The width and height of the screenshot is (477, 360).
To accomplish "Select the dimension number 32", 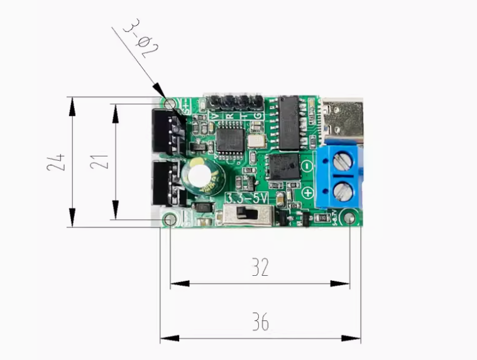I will (x=260, y=267).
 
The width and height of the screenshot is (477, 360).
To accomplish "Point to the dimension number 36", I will (x=260, y=322).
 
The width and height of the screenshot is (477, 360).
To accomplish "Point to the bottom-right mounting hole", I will (x=350, y=219).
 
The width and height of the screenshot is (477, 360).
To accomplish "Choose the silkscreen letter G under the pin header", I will (x=258, y=116).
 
